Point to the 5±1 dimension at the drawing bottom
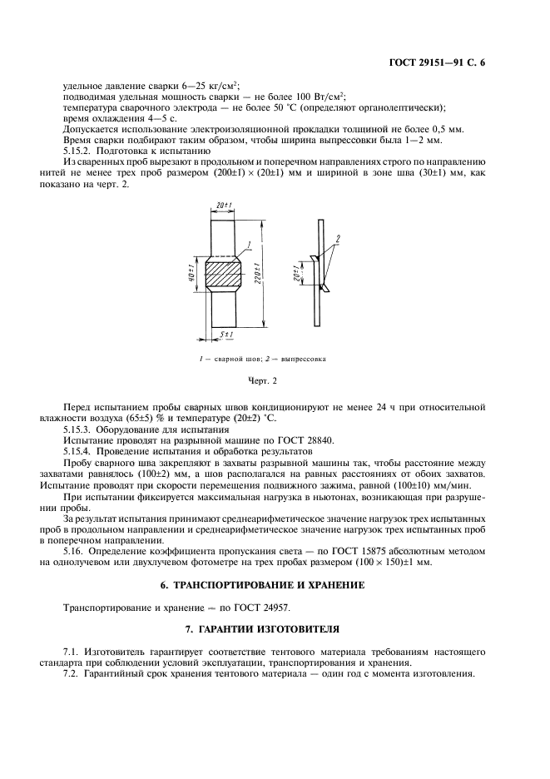[225, 335]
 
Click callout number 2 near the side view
[338, 238]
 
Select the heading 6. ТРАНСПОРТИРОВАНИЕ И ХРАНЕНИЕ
[274, 586]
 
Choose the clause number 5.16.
[74, 552]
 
